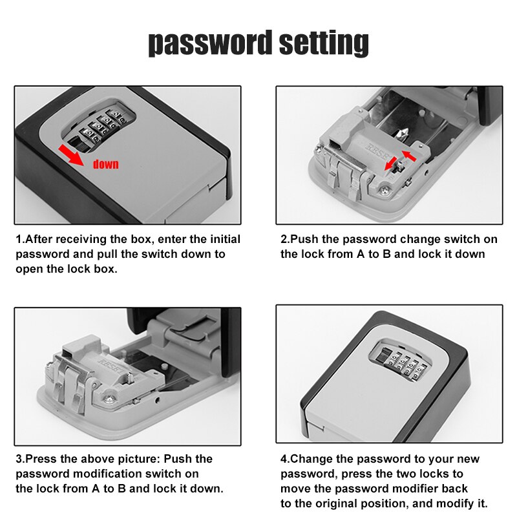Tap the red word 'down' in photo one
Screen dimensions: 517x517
pyautogui.click(x=105, y=164)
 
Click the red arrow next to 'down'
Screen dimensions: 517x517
pyautogui.click(x=70, y=155)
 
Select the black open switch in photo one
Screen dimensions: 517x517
pyautogui.click(x=76, y=143)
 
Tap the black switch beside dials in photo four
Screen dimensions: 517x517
pyautogui.click(x=383, y=355)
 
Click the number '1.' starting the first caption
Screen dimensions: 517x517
pyautogui.click(x=20, y=239)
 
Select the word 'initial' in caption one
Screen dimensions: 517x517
pyautogui.click(x=225, y=239)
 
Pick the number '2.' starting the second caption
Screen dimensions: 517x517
pyautogui.click(x=285, y=239)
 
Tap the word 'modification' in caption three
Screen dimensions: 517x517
pyautogui.click(x=107, y=474)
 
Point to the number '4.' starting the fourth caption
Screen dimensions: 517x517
pyautogui.click(x=285, y=459)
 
